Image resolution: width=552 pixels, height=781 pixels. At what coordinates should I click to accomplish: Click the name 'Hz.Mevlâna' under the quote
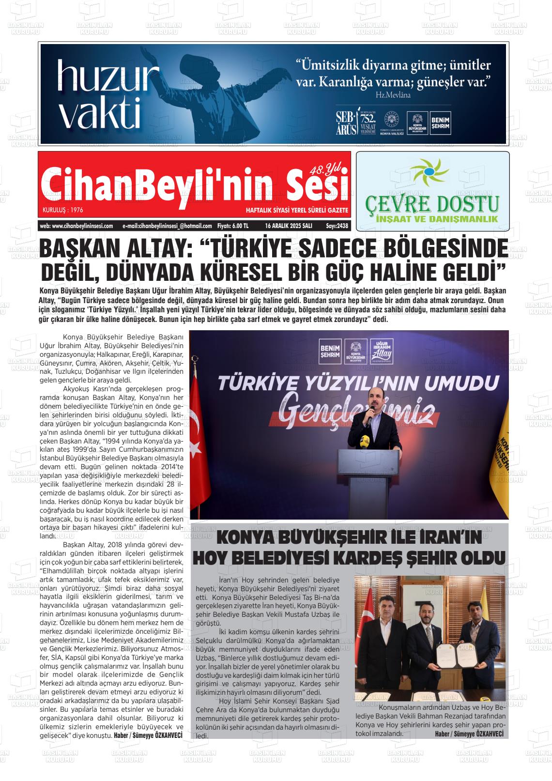(x=393, y=95)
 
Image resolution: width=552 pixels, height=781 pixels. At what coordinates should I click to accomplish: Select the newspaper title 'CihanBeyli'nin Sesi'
(x=194, y=184)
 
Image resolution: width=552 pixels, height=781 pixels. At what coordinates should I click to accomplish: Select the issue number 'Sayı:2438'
(x=337, y=226)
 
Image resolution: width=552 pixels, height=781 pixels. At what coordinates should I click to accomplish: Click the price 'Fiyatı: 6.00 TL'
(x=233, y=226)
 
